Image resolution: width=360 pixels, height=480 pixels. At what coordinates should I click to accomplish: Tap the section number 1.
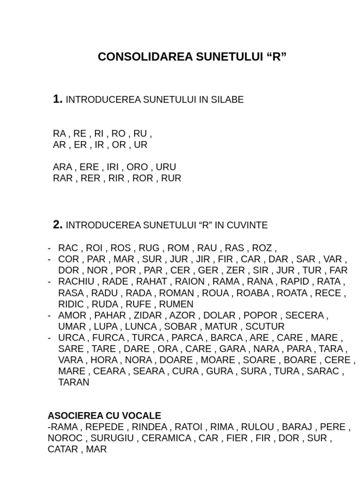[x=58, y=99]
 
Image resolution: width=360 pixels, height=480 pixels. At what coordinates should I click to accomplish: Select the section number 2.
[x=58, y=225]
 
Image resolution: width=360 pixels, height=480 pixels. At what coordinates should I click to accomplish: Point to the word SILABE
[x=227, y=100]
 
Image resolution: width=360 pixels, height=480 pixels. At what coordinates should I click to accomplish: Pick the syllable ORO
[x=137, y=167]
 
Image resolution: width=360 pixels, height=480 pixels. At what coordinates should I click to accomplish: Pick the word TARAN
[x=74, y=382]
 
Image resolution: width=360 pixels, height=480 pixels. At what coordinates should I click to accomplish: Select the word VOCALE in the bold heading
[x=143, y=416]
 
